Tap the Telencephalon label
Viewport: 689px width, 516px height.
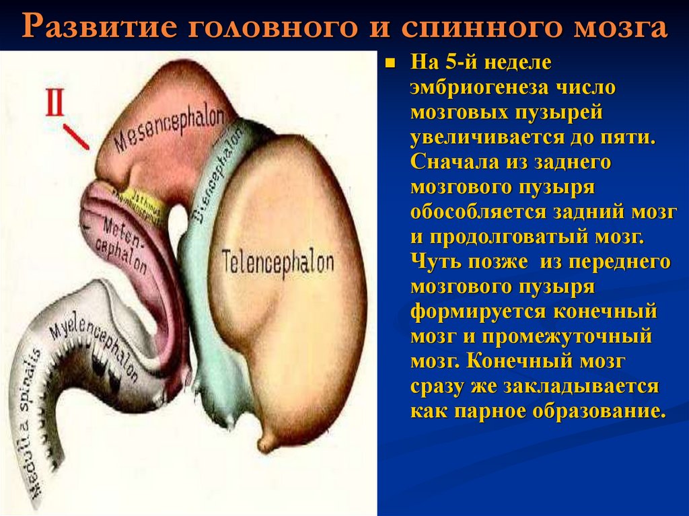[278, 259]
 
